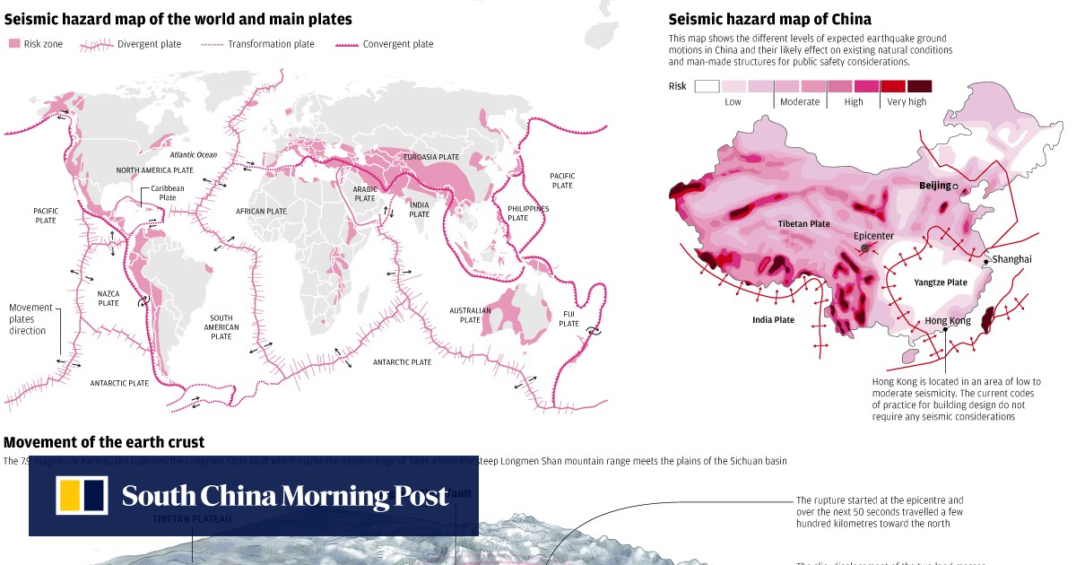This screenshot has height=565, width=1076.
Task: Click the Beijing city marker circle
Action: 955,187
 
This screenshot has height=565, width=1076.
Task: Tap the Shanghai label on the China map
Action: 1011,259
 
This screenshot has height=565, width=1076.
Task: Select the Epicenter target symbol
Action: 864,248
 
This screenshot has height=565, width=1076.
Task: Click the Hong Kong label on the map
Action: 947,320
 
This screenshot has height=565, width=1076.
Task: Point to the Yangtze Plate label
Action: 940,282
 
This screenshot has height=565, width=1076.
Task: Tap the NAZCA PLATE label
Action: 108,298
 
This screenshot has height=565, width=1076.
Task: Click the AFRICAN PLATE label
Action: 261,212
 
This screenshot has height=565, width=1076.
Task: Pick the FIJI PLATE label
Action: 568,318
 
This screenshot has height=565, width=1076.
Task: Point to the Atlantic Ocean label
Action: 193,155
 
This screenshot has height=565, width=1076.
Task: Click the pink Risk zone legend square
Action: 13,44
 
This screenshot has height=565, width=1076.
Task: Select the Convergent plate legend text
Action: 397,44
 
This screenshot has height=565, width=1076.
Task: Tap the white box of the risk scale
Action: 707,86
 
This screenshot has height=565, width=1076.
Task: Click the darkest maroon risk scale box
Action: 919,86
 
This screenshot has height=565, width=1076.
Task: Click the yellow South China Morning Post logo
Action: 82,496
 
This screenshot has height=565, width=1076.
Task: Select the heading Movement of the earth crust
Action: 104,442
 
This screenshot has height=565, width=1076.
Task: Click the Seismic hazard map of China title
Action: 769,19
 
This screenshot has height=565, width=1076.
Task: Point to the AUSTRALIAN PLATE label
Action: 470,315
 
